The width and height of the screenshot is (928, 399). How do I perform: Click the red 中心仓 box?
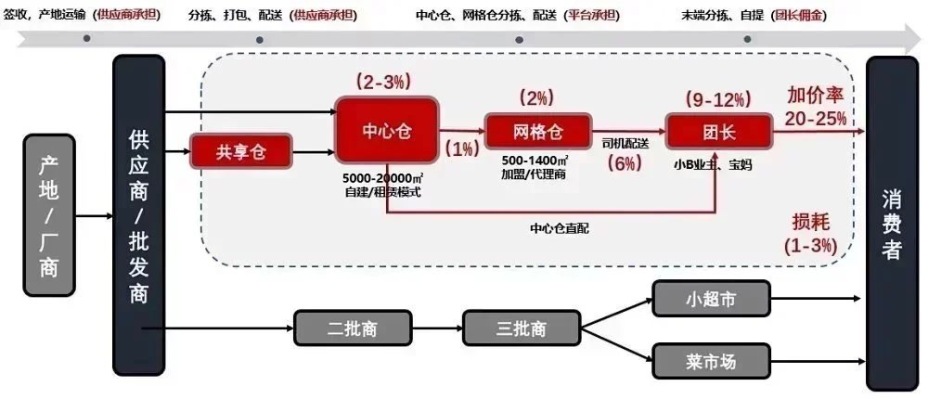point(386,131)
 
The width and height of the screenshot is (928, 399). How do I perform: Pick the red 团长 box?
point(717,131)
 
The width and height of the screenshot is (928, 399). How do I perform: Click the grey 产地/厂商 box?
point(49,215)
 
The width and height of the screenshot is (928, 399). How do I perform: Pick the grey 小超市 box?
point(711,299)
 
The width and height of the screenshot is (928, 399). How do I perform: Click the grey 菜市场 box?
point(711,361)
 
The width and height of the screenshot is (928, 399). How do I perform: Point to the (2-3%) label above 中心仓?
point(383,82)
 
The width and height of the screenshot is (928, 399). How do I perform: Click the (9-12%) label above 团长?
point(717,97)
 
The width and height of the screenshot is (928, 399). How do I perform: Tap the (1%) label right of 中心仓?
point(461,148)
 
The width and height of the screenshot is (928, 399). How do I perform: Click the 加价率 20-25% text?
point(817,107)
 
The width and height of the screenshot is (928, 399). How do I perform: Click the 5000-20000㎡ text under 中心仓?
point(383,177)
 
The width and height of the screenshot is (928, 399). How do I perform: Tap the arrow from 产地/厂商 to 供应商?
point(94,215)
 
